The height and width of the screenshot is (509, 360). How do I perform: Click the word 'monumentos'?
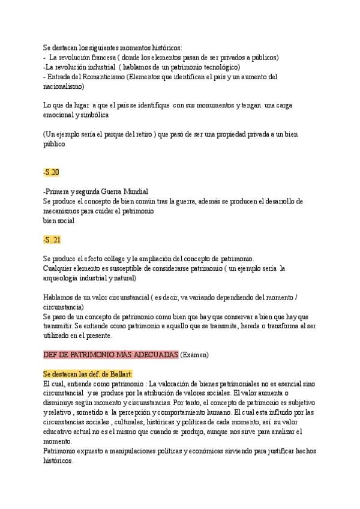[221, 106]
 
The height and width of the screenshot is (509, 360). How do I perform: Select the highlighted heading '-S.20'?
[51, 172]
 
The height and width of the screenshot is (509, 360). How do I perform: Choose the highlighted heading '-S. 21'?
[52, 239]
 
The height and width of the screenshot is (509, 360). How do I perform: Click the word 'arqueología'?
[65, 278]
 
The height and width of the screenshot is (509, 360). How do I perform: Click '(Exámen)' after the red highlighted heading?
[195, 355]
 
